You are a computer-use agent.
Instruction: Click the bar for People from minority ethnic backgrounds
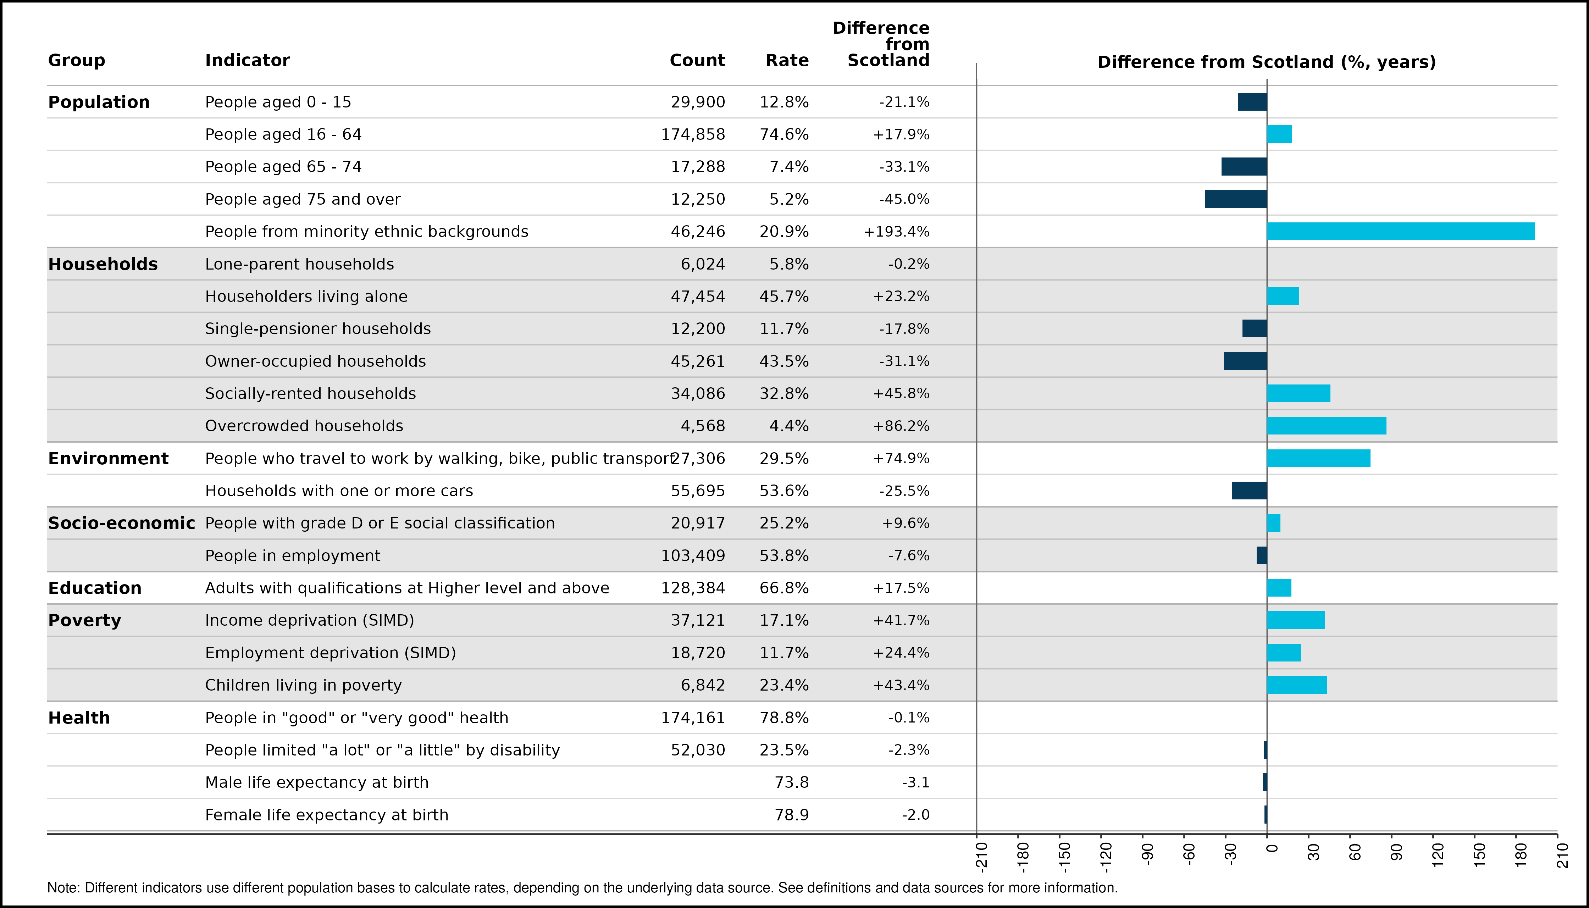[1401, 231]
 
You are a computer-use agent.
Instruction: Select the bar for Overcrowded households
[1327, 426]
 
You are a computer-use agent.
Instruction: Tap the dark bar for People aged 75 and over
[1236, 199]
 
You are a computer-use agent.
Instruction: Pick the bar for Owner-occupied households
[1245, 361]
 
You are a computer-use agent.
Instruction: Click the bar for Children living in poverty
[1297, 685]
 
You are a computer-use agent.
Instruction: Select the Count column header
[697, 61]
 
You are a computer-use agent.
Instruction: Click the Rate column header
[787, 61]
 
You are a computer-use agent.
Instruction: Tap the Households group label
[103, 264]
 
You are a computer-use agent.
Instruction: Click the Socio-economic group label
[122, 523]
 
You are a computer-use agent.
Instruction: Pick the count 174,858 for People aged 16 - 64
[693, 135]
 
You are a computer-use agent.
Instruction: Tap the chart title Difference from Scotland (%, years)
[1267, 62]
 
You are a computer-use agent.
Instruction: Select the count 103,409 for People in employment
[693, 556]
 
